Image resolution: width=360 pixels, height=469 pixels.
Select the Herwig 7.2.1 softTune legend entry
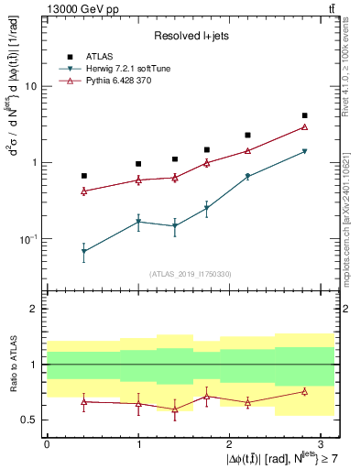coord(136,69)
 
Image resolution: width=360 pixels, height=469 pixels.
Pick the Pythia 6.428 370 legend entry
coord(131,81)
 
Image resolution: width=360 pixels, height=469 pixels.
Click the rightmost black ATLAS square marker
coord(305,115)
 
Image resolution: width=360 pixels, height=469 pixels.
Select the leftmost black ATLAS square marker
coord(83,176)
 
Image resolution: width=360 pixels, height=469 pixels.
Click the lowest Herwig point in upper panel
coord(83,251)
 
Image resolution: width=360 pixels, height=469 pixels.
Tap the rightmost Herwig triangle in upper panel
coord(305,151)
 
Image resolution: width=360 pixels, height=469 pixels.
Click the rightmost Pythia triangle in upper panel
coord(305,127)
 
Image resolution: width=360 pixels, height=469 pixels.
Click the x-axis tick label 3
coord(321,443)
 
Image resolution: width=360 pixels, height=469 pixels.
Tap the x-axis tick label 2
coord(229,443)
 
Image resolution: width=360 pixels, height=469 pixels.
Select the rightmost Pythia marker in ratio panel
coord(305,392)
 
